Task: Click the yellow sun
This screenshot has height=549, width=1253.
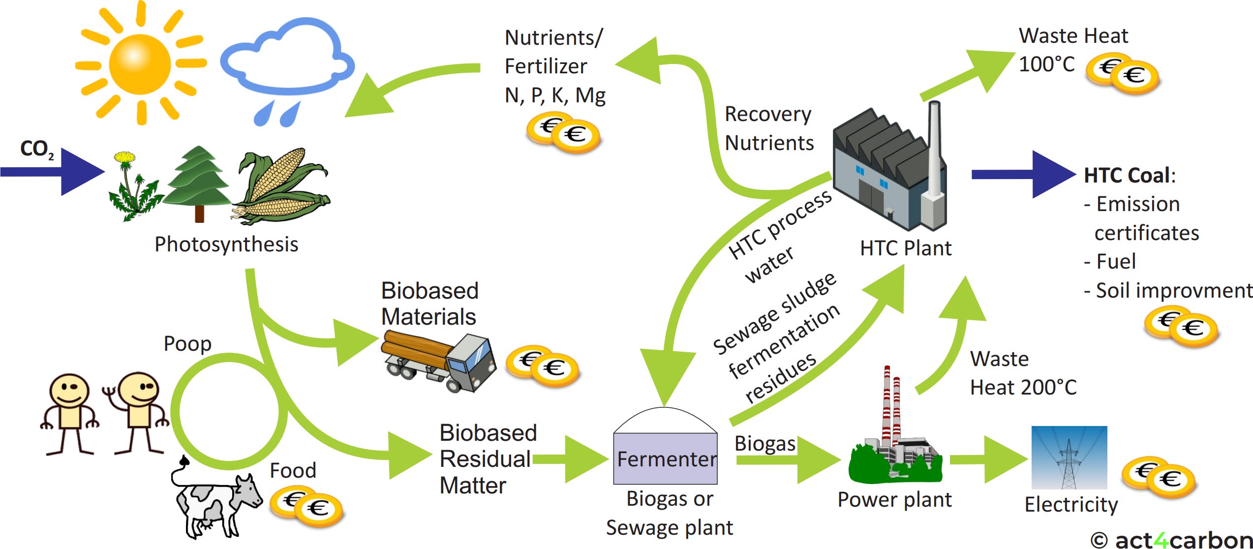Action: [x=140, y=64]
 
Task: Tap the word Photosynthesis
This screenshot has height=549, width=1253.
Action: [x=226, y=244]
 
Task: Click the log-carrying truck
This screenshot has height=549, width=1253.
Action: [x=438, y=362]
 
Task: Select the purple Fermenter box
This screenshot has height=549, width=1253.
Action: [x=665, y=458]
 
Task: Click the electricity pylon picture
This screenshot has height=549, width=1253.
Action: [x=1069, y=457]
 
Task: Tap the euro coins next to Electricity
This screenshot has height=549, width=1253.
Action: [x=1159, y=477]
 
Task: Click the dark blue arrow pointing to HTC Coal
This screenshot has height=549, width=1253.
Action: [x=1023, y=175]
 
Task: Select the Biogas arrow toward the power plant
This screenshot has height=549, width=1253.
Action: [x=787, y=460]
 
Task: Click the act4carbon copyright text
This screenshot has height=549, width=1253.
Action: [x=1171, y=539]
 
